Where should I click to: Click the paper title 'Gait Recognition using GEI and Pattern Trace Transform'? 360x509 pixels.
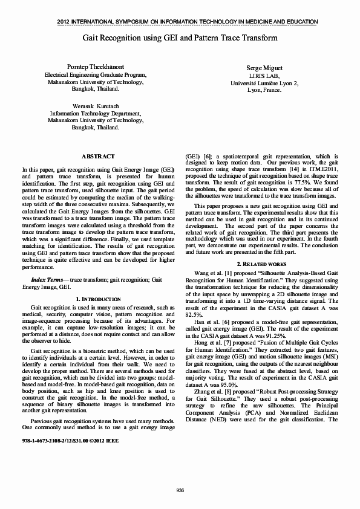[x=180, y=37]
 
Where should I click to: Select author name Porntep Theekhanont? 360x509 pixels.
[x=96, y=65]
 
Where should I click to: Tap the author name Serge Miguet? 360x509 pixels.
[x=264, y=69]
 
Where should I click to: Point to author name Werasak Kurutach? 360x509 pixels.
[x=96, y=105]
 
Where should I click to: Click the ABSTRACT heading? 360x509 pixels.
[x=97, y=157]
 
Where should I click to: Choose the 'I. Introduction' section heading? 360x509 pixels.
[x=97, y=299]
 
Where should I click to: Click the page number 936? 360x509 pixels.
[x=180, y=490]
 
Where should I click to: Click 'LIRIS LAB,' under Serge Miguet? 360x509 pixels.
[x=264, y=76]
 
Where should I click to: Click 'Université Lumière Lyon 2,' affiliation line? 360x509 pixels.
[x=264, y=83]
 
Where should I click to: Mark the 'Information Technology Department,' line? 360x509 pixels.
[x=96, y=112]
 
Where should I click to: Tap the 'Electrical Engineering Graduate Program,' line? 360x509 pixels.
[x=96, y=75]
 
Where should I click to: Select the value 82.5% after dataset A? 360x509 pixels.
[x=193, y=315]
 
